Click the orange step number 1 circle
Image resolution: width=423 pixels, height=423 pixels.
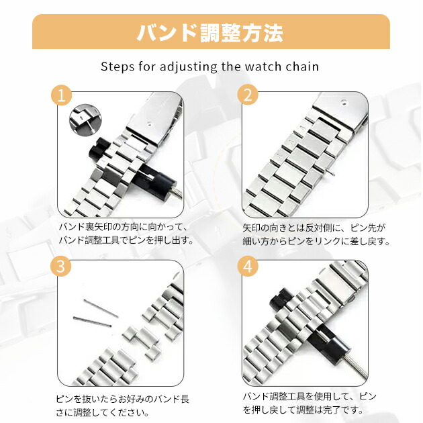(x=62, y=95)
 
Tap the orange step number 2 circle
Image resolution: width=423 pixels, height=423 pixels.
(x=248, y=95)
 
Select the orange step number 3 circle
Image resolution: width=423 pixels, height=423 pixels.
(x=61, y=267)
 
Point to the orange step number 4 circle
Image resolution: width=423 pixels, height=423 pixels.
(x=248, y=267)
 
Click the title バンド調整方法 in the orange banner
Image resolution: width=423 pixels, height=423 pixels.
(x=210, y=33)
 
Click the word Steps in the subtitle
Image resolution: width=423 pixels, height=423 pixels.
(x=117, y=66)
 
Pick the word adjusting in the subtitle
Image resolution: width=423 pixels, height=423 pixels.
(x=188, y=67)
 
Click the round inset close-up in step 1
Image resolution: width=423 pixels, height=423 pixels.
(x=85, y=120)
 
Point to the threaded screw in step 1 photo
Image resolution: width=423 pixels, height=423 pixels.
(x=177, y=193)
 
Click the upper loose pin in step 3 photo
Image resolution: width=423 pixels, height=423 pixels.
(x=101, y=308)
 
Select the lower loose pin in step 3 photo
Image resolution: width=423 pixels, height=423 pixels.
(x=92, y=322)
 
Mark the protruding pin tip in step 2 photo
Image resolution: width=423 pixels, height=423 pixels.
(x=331, y=172)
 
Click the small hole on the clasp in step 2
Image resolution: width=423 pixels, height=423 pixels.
(x=343, y=102)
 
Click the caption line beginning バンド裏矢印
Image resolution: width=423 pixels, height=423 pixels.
(x=123, y=227)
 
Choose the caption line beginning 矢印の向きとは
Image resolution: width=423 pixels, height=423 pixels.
(x=314, y=228)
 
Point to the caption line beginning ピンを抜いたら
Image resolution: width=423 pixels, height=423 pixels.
(x=123, y=399)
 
